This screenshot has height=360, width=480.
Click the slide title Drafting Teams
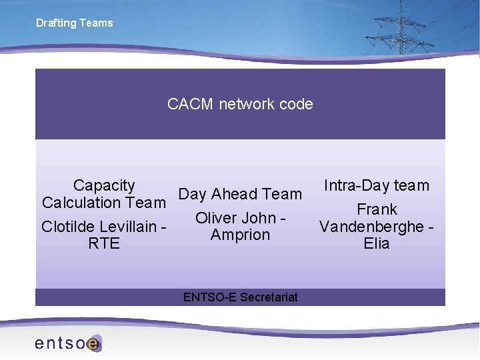click(74, 23)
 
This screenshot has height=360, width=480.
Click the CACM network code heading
click(240, 104)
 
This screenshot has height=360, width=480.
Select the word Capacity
click(104, 185)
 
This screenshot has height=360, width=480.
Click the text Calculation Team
click(103, 203)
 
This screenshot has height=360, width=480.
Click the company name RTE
click(104, 244)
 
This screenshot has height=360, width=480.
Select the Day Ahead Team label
click(240, 194)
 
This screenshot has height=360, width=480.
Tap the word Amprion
click(240, 235)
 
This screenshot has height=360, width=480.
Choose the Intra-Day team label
click(376, 185)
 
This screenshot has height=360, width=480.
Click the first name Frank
click(377, 209)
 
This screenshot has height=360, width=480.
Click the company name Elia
click(377, 244)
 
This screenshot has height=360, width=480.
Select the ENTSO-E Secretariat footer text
click(240, 297)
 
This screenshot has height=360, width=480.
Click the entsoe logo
click(67, 343)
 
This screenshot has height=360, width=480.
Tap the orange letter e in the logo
click(93, 344)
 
